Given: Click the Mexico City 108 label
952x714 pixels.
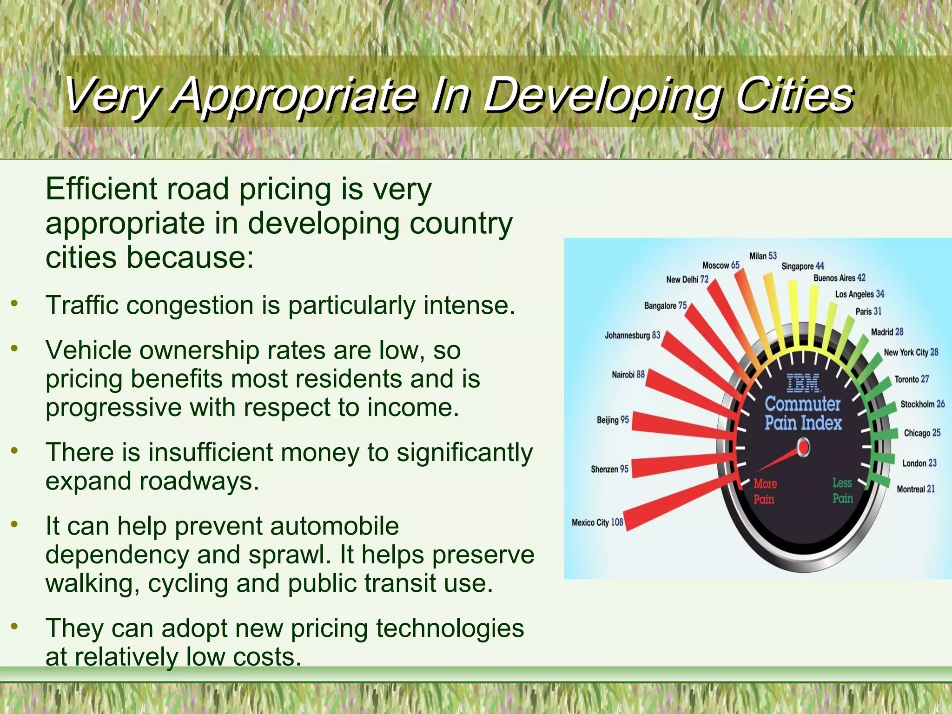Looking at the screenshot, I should (597, 522).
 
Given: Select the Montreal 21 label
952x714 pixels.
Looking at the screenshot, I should (915, 489).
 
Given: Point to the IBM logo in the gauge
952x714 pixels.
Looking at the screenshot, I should (803, 383).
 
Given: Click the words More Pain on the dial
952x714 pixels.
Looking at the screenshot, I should (765, 491).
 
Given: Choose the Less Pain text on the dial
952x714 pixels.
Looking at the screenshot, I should (842, 491).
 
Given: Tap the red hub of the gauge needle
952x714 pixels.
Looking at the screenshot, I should (803, 448).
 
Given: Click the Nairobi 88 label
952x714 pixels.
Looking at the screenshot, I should (628, 374).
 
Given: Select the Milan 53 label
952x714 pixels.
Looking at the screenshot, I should (763, 256).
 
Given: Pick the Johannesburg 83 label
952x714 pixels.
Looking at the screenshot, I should (632, 335).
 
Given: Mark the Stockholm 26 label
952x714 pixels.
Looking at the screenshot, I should (922, 404).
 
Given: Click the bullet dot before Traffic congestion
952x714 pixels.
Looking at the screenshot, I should (15, 304).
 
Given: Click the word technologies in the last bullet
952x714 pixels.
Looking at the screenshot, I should (450, 628).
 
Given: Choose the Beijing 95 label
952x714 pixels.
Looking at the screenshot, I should (613, 420).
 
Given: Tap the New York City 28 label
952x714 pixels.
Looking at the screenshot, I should (911, 352).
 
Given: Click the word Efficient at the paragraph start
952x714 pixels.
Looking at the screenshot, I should (101, 189).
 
